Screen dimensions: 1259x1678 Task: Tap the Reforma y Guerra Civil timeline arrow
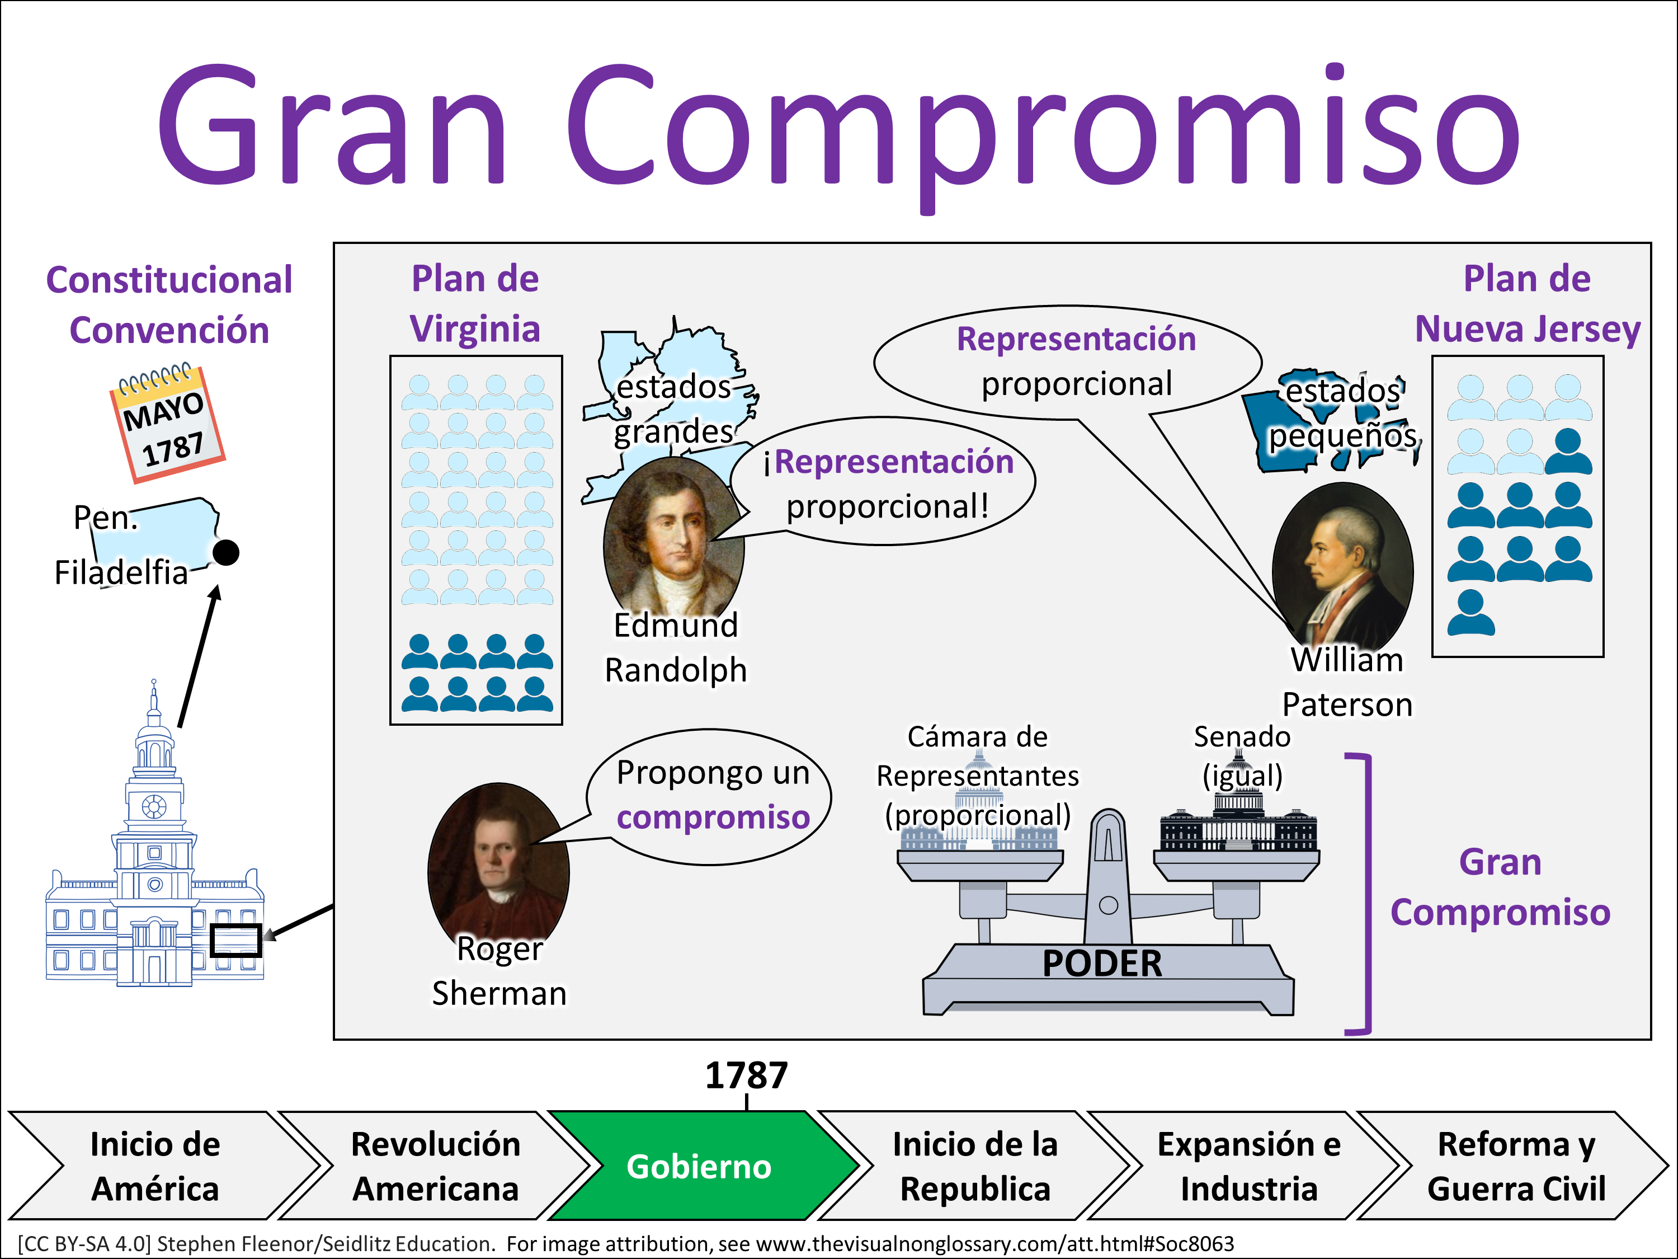1516,1167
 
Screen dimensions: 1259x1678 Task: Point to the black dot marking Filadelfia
226,552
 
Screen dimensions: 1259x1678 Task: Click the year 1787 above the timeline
747,1075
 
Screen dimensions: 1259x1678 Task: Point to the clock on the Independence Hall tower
154,806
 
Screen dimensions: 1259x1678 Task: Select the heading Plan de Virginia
475,303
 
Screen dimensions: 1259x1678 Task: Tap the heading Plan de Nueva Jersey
1527,303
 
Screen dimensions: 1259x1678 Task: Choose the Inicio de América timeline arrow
155,1167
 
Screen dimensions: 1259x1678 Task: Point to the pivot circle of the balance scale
1108,905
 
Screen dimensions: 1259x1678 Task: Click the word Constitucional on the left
169,280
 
